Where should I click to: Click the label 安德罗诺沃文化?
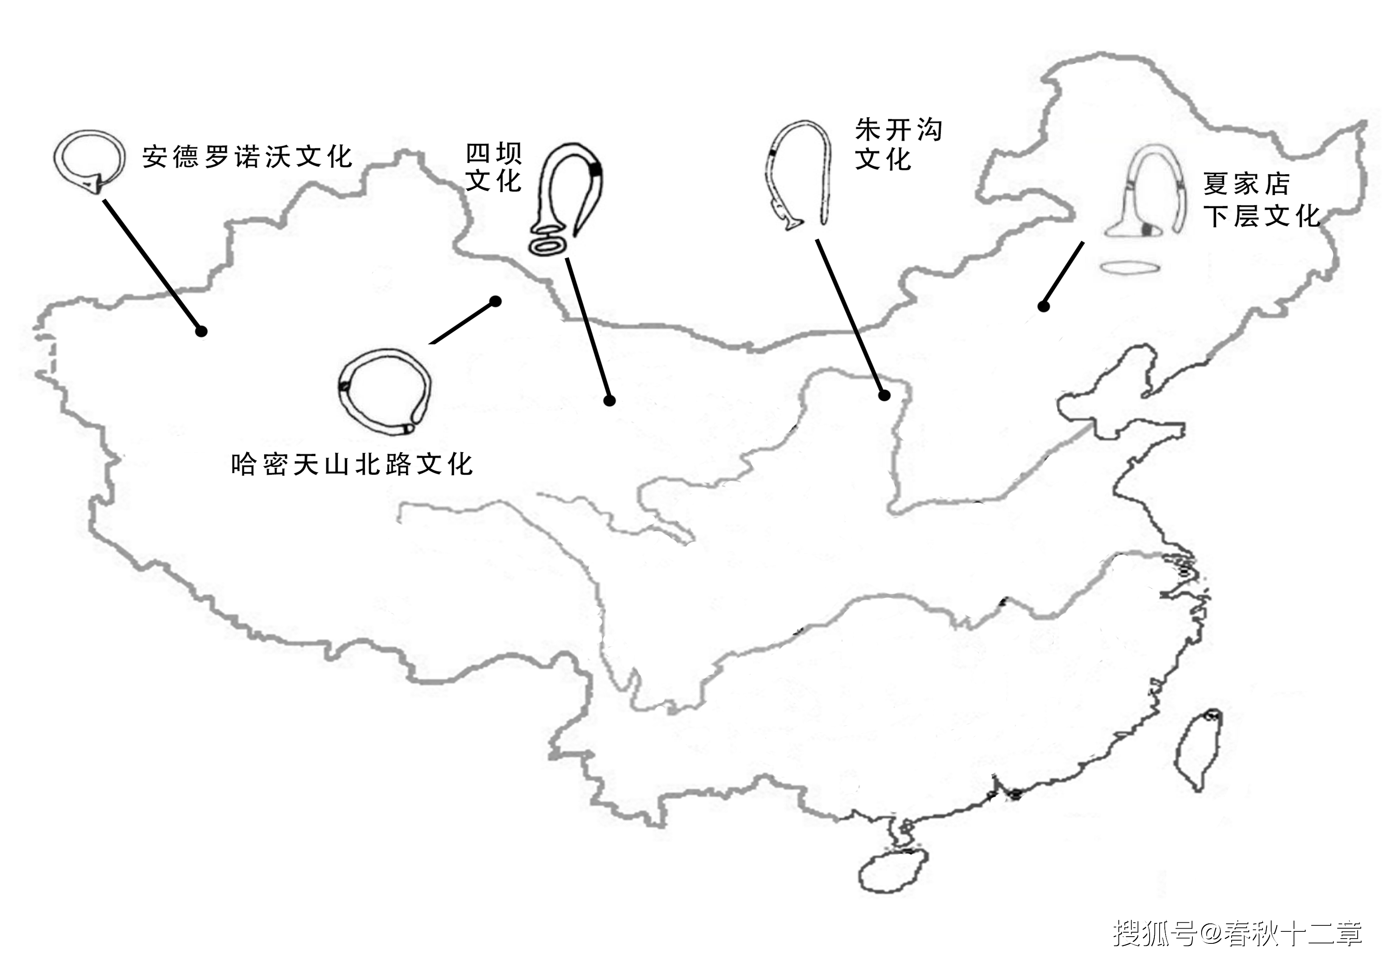[x=247, y=157]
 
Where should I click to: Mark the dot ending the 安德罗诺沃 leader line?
[x=202, y=331]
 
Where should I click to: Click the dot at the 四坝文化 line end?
[x=610, y=400]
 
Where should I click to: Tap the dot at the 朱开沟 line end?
[x=884, y=396]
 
